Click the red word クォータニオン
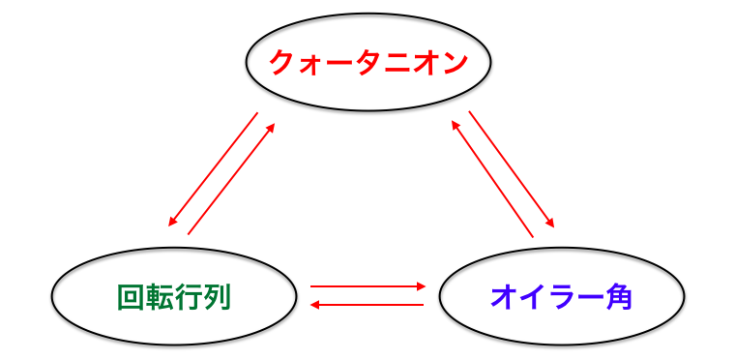(368, 64)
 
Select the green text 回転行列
(174, 296)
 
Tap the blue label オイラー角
(561, 296)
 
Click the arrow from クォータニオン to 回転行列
(214, 168)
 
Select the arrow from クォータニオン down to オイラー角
(512, 168)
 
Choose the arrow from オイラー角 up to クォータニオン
(493, 178)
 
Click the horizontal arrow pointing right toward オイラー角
(367, 286)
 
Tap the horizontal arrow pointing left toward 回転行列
(367, 305)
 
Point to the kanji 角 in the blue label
(617, 296)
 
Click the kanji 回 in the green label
(131, 296)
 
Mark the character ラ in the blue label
(561, 296)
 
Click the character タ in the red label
(368, 64)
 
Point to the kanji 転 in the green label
(160, 296)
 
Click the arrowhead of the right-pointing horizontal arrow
(421, 286)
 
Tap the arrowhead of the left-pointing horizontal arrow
(315, 305)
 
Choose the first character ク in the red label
(281, 64)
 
